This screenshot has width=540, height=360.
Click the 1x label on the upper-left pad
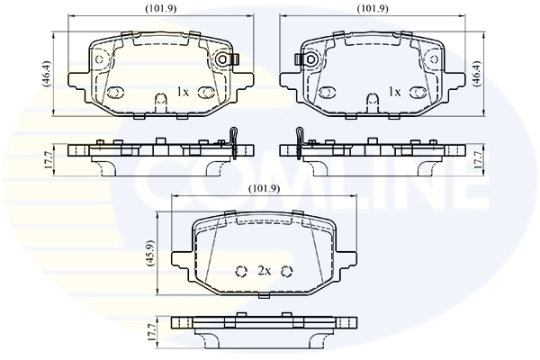183,92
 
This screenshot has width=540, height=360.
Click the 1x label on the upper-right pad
393,92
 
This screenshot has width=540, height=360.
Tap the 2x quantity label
265,270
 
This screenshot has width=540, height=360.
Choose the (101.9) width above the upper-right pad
373,9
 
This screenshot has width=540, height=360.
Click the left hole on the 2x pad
240,271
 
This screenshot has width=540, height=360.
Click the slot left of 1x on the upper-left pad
114,93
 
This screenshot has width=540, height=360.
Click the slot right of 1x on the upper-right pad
418,93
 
